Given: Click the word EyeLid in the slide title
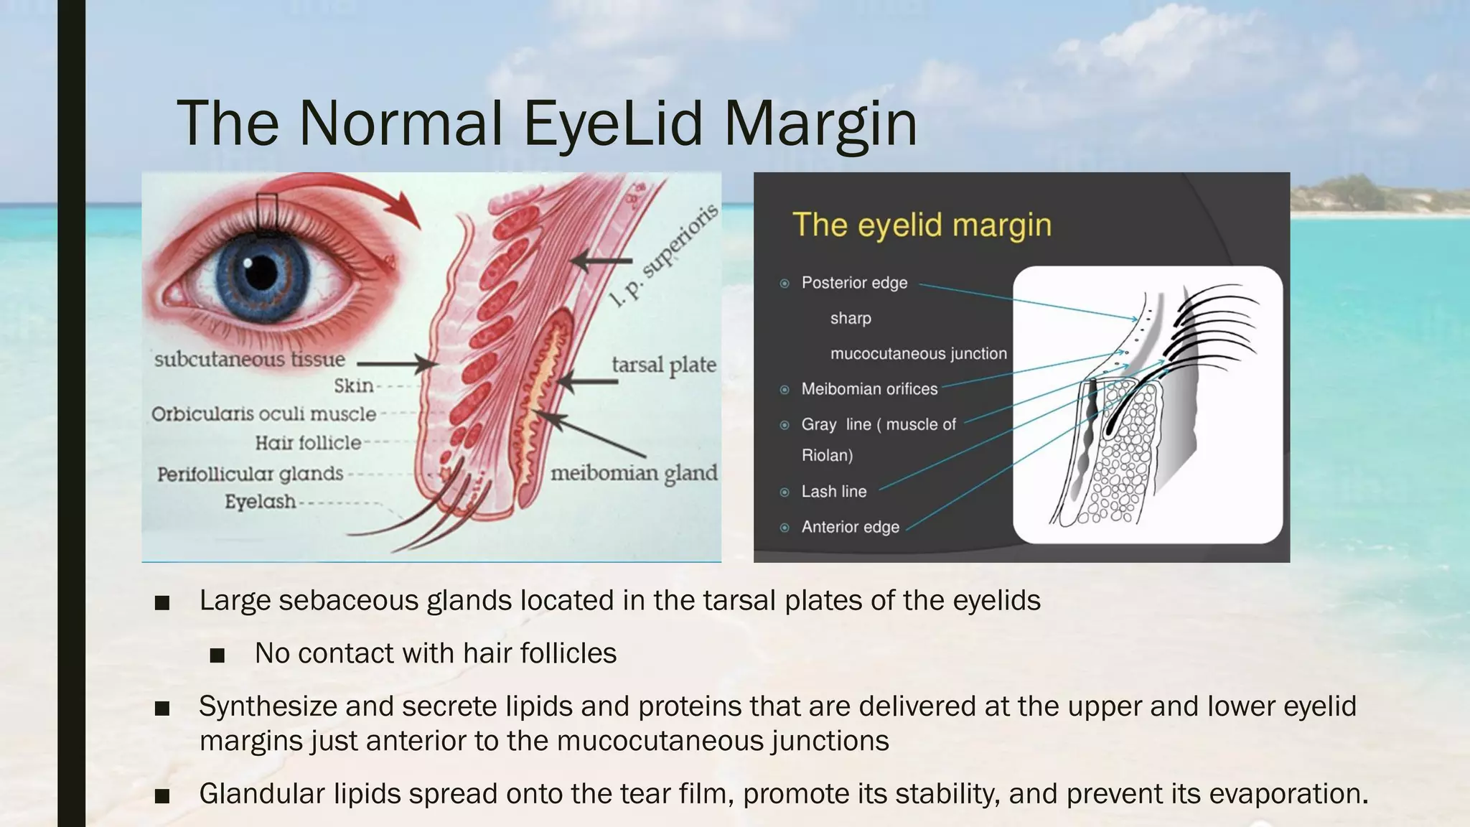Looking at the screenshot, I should click(612, 123).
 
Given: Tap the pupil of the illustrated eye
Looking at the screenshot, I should click(261, 272).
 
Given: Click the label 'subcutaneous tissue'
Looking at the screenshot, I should click(250, 359).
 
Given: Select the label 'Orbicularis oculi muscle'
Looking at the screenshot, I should click(263, 413).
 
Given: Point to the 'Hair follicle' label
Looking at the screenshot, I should click(308, 443).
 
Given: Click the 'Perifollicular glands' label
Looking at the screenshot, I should click(250, 474).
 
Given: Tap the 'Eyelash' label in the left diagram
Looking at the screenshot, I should click(260, 501).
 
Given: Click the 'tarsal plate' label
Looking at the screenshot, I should click(663, 365).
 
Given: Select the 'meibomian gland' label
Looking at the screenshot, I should click(633, 473).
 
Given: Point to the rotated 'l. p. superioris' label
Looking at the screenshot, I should click(663, 256).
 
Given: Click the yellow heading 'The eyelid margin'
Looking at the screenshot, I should click(922, 225).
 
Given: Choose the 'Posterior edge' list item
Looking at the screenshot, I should click(854, 283).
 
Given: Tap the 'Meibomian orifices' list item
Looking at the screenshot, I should click(869, 389).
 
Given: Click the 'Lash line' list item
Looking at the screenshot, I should click(833, 492).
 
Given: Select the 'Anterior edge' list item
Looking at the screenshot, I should click(850, 527).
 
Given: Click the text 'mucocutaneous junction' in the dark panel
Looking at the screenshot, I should click(918, 353).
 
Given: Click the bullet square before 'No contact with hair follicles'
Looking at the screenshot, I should click(217, 655).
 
